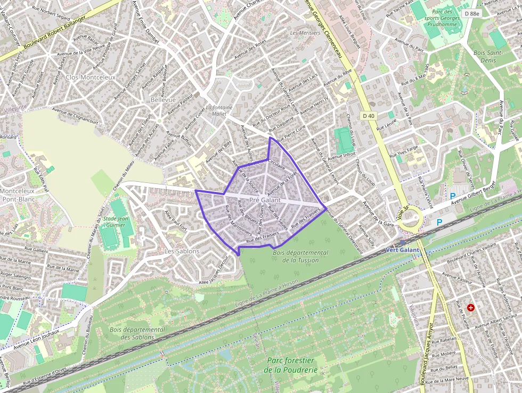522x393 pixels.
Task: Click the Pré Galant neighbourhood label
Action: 265,200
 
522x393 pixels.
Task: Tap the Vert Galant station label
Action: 403,250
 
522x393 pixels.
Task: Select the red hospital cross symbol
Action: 470,308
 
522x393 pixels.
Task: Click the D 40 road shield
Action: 369,116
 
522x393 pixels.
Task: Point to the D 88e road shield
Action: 471,13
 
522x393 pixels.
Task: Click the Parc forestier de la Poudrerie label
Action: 290,366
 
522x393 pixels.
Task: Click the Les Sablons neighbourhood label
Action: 182,251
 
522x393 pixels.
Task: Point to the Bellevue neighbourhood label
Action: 163,100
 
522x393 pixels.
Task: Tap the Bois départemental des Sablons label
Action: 137,333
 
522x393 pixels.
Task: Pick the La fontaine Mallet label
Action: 219,110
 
